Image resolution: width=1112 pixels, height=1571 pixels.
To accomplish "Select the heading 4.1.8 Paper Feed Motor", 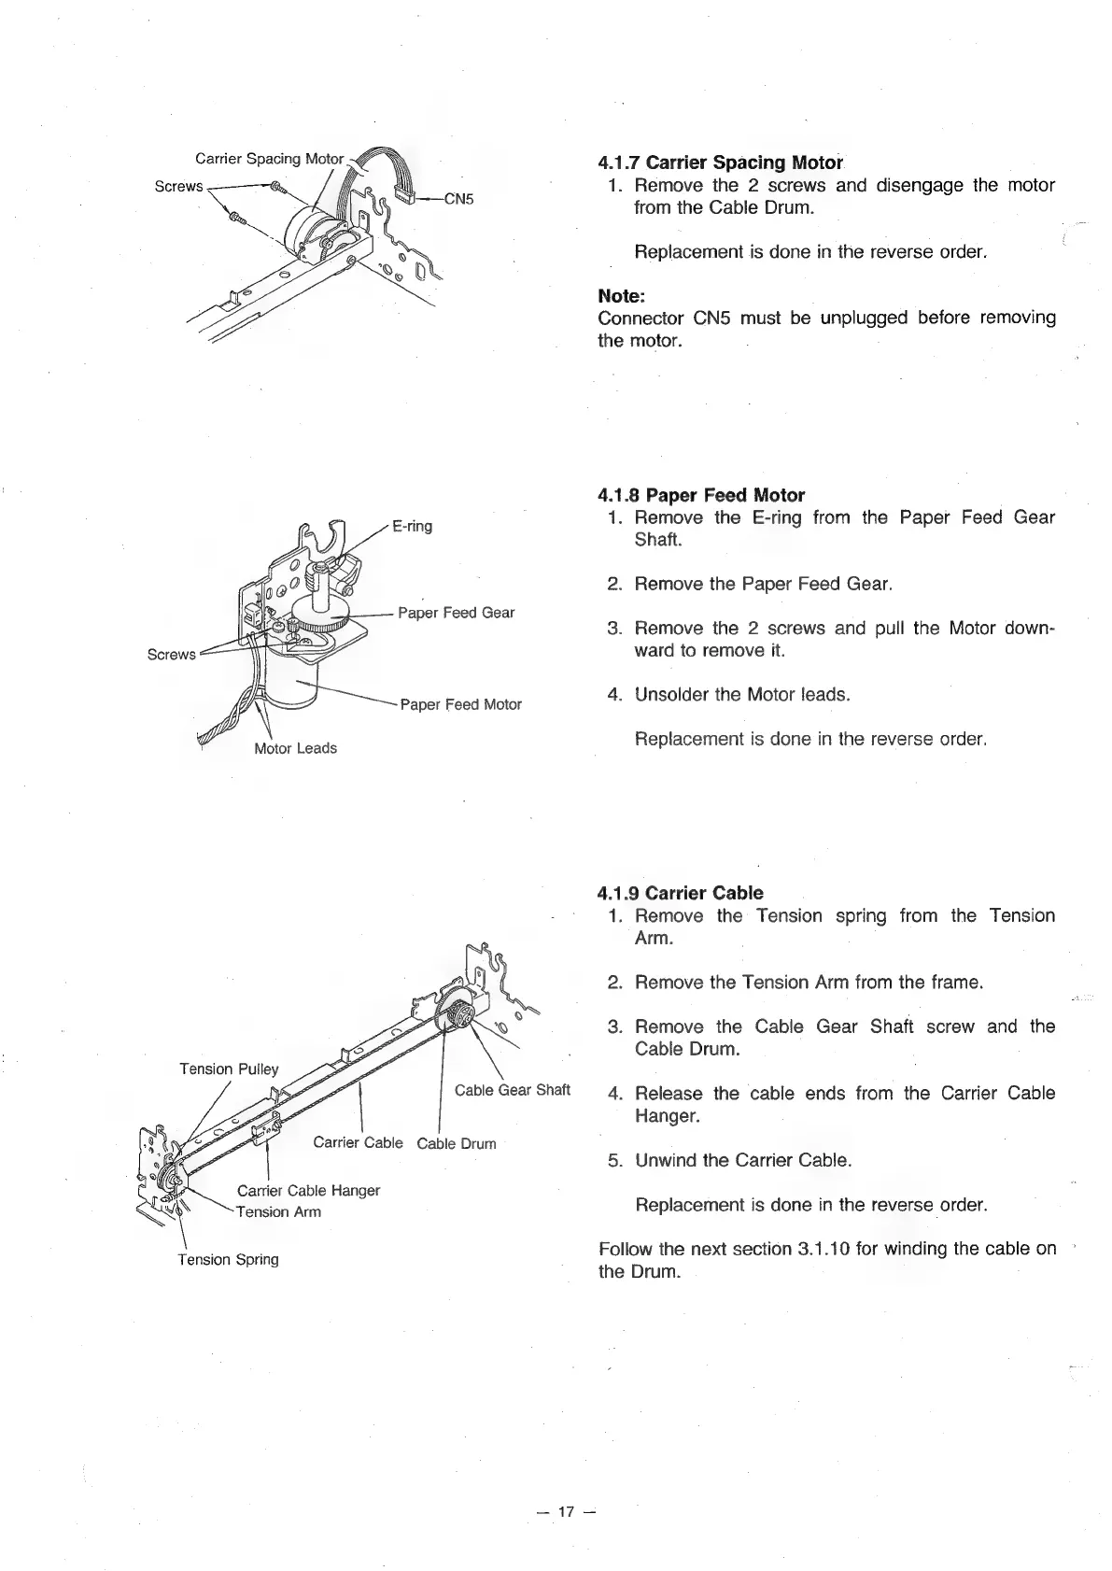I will [x=700, y=495].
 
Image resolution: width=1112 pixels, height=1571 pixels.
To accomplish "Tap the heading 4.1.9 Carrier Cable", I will [x=680, y=893].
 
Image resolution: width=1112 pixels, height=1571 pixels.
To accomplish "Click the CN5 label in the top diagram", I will [x=458, y=198].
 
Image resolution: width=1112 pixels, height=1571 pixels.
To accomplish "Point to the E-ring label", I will [x=412, y=526].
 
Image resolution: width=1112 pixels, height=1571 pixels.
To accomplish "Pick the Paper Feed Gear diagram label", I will [x=456, y=613].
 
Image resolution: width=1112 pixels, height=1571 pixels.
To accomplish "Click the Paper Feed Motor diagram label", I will [x=460, y=704].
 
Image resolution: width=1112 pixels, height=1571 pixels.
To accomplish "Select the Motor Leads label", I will [x=295, y=748].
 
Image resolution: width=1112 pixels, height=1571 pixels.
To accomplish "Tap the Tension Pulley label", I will [x=229, y=1069].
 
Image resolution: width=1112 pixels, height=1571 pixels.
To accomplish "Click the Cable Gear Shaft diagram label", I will [x=512, y=1090].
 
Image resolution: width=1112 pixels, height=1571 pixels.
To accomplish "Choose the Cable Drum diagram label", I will [x=457, y=1143].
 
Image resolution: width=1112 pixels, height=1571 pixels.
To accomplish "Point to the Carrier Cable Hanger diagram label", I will [x=308, y=1191].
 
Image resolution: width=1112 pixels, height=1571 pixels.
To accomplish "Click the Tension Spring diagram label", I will [x=229, y=1259].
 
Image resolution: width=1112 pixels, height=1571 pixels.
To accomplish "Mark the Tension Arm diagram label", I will [x=278, y=1212].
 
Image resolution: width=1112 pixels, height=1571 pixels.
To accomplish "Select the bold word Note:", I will [x=621, y=296].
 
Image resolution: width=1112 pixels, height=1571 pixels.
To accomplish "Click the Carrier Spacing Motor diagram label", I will [x=269, y=158].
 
